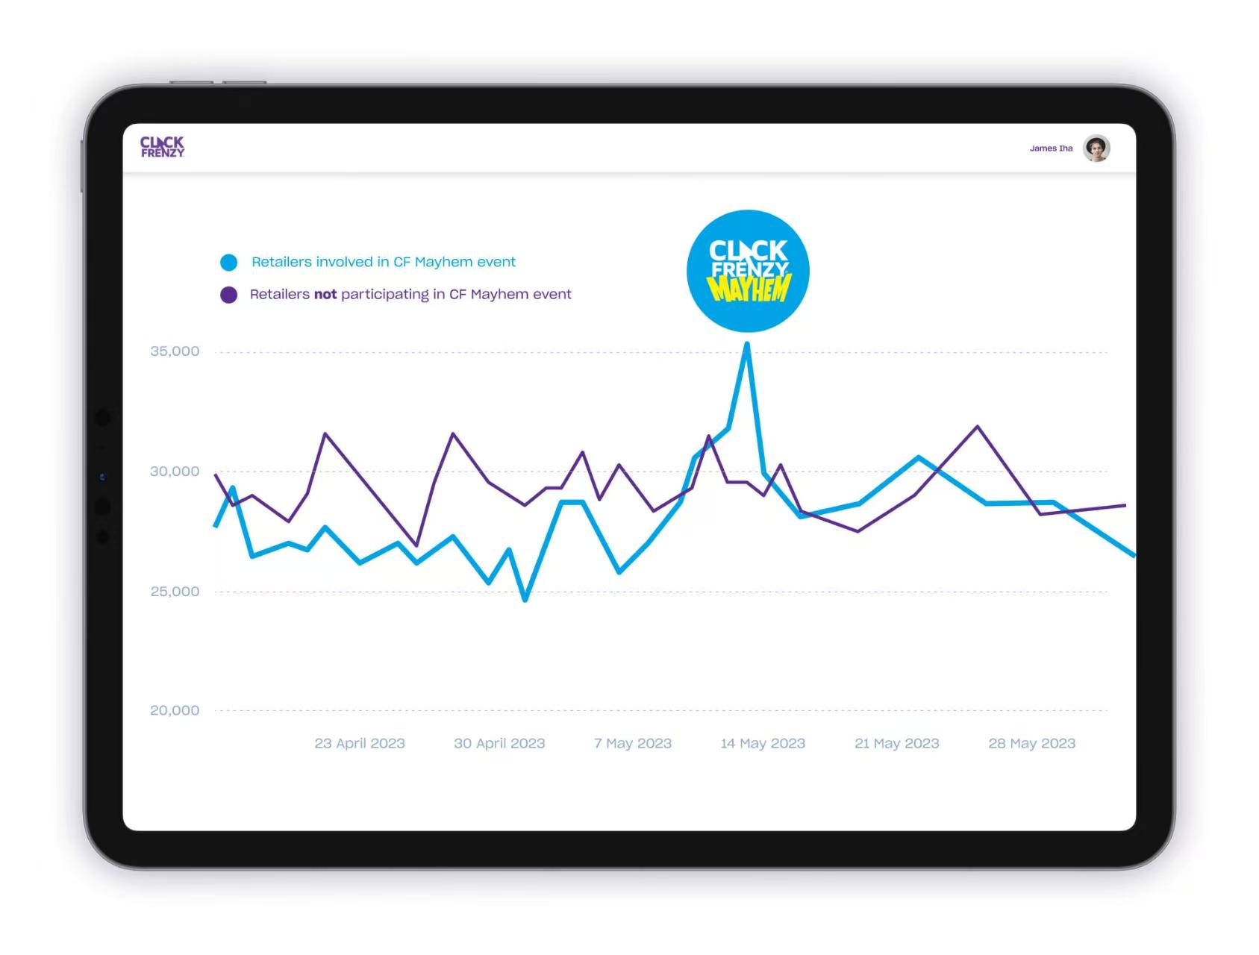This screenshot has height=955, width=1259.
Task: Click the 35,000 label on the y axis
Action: click(175, 351)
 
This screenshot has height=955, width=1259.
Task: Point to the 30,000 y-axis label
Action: click(175, 472)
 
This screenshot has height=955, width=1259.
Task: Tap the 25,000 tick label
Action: click(175, 592)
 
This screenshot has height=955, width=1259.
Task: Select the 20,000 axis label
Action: click(175, 710)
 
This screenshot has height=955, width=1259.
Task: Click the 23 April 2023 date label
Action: click(360, 743)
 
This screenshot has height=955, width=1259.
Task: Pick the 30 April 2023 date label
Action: click(499, 743)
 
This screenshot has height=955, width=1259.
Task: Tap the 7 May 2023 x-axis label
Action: click(633, 743)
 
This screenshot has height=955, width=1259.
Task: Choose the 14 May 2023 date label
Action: click(763, 743)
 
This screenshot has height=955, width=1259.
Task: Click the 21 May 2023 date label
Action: click(896, 743)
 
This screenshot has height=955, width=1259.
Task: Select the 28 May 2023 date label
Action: click(1031, 743)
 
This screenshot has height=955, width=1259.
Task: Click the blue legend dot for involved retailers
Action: click(229, 263)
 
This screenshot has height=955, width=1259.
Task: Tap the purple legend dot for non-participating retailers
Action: click(229, 295)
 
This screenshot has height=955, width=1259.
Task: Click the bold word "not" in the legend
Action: click(325, 295)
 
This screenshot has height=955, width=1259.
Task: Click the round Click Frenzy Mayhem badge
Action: click(748, 271)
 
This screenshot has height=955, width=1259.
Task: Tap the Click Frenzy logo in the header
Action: click(162, 147)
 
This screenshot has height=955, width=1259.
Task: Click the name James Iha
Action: click(1051, 148)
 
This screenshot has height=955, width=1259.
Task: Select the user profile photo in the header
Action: click(1096, 148)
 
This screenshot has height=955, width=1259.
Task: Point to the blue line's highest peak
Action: click(747, 345)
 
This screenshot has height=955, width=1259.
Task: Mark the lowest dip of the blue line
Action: click(525, 599)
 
